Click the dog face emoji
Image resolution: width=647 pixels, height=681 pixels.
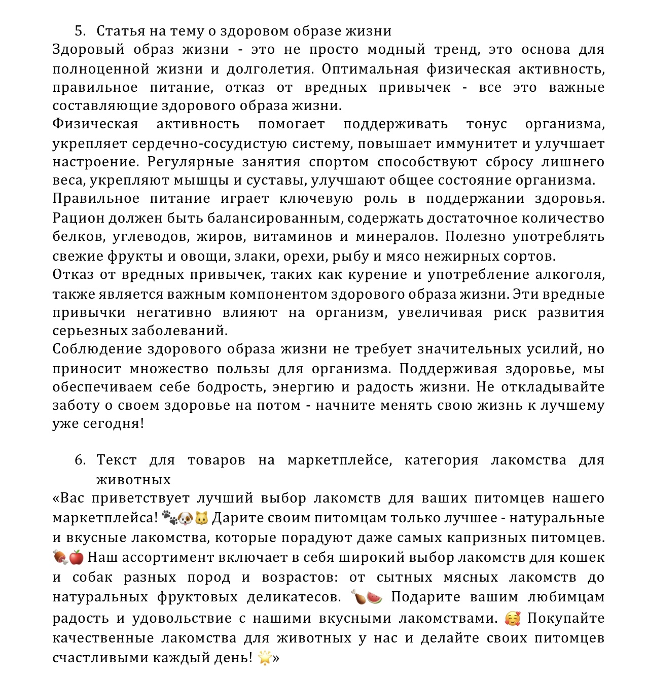pyautogui.click(x=186, y=518)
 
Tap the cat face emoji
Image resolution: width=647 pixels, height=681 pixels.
pyautogui.click(x=202, y=518)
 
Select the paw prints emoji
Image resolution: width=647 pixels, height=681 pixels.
pyautogui.click(x=169, y=518)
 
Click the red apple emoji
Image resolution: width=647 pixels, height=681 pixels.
pyautogui.click(x=76, y=558)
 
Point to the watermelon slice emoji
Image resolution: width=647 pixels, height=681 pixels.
pyautogui.click(x=375, y=597)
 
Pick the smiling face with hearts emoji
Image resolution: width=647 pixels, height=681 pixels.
pyautogui.click(x=513, y=619)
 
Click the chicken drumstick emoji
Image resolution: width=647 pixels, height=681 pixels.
pyautogui.click(x=358, y=597)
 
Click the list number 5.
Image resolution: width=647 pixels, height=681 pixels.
pyautogui.click(x=80, y=31)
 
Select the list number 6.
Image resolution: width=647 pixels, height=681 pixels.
pyautogui.click(x=80, y=460)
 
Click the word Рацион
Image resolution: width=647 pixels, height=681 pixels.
pyautogui.click(x=76, y=219)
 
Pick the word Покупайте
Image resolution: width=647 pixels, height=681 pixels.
pyautogui.click(x=566, y=619)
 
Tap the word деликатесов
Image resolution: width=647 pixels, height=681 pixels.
pyautogui.click(x=294, y=597)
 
